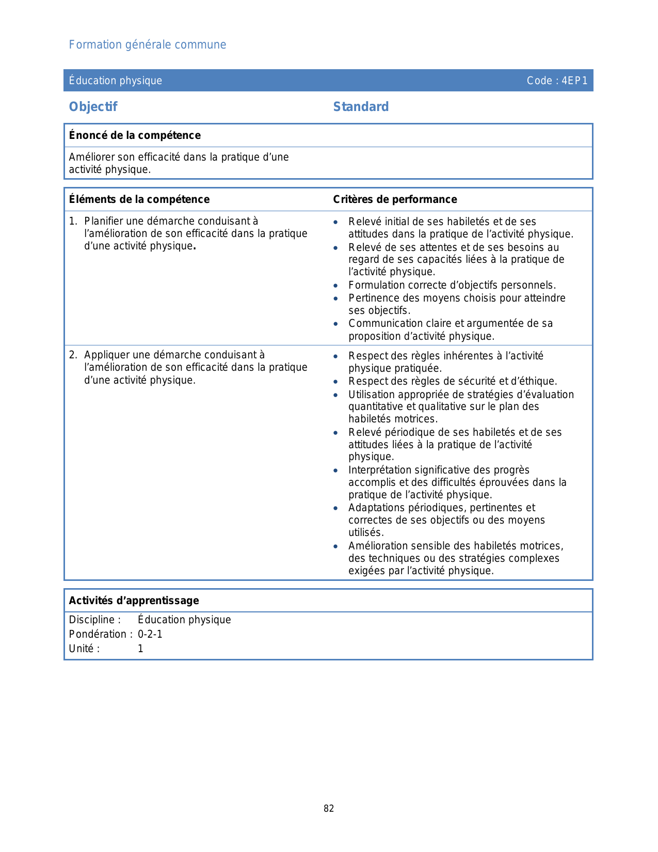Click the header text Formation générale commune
(x=148, y=45)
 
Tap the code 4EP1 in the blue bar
(x=574, y=81)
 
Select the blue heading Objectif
(x=93, y=107)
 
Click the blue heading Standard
(x=361, y=107)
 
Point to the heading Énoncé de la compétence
(x=135, y=135)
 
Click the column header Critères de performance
(x=395, y=199)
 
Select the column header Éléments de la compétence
(x=139, y=199)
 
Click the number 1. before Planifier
(x=73, y=221)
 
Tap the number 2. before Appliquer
(x=73, y=355)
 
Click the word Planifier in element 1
(x=104, y=221)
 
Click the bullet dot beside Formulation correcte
(x=336, y=286)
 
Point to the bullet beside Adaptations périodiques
(x=336, y=508)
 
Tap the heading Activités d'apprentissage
(x=134, y=601)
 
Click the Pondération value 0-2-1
(x=150, y=634)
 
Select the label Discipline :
(x=95, y=620)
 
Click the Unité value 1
(x=140, y=649)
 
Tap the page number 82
(x=329, y=809)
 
